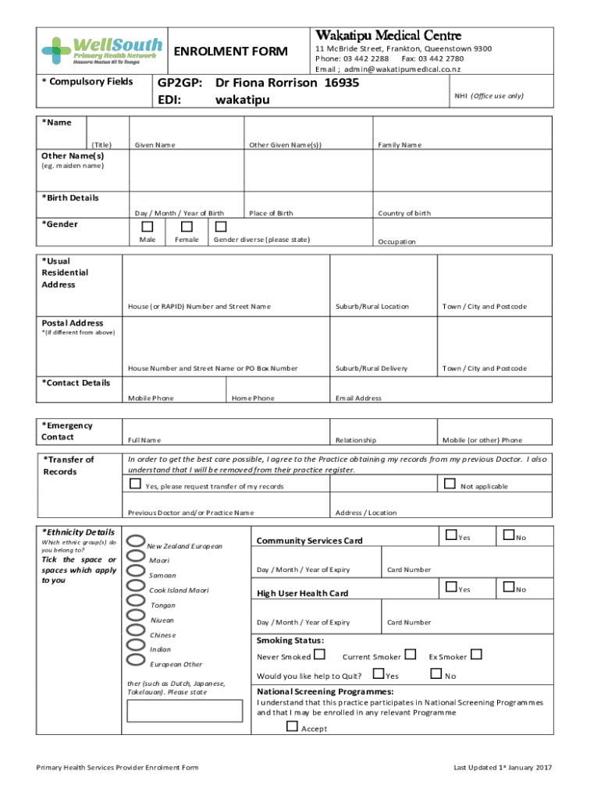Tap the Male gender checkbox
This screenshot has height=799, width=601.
148,226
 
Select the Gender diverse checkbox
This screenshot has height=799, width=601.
221,226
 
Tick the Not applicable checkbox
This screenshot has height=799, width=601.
449,484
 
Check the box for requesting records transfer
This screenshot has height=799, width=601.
136,485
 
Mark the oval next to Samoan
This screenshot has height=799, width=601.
135,574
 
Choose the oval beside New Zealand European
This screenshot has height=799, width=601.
135,543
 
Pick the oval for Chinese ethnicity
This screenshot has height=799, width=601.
135,632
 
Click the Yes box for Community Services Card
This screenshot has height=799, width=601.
450,535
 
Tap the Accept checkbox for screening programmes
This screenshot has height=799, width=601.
292,726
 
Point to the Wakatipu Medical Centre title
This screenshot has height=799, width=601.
388,36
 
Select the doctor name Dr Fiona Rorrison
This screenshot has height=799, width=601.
267,83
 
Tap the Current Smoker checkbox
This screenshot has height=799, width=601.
411,655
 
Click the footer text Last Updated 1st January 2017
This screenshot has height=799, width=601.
503,768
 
